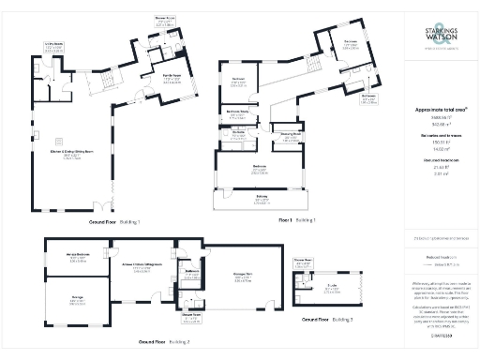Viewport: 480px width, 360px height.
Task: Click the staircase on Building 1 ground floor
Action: click(x=101, y=85)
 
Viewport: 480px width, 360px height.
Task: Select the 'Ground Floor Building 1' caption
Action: click(x=114, y=222)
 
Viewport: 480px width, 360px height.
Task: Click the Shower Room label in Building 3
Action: click(x=301, y=263)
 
